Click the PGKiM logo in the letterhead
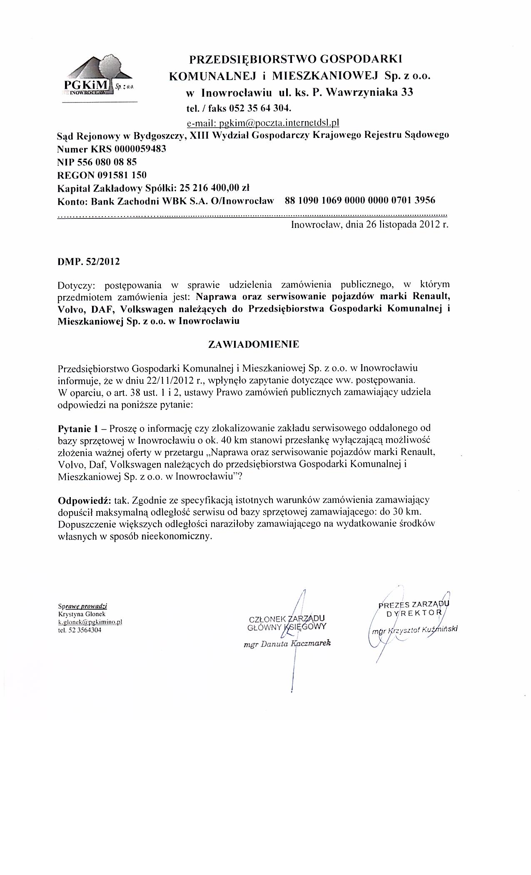pos(98,77)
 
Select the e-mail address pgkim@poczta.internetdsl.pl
pos(263,123)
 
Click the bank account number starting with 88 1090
pos(360,200)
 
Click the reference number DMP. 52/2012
pos(88,262)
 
